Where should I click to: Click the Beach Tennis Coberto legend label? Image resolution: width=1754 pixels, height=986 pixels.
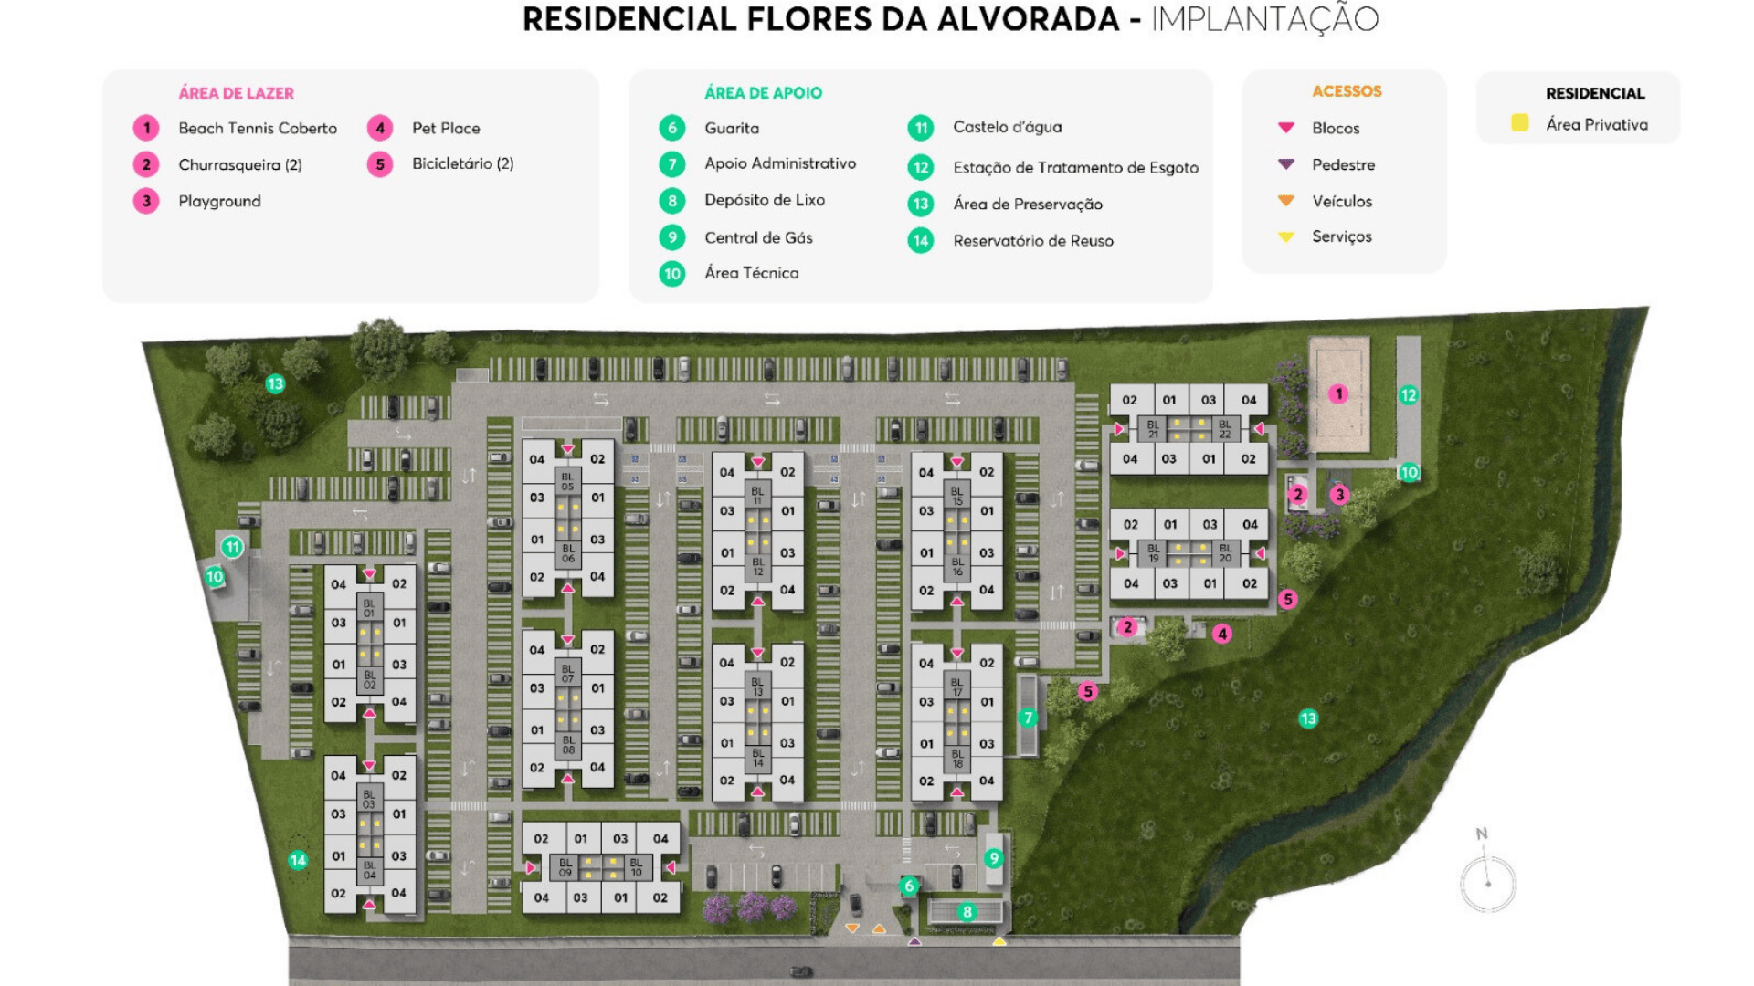click(258, 128)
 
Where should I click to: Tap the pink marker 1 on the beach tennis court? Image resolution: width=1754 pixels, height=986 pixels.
click(1338, 394)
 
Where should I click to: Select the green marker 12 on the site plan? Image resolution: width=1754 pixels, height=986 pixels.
click(1408, 395)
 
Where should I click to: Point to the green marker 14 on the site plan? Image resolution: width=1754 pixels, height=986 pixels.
click(298, 860)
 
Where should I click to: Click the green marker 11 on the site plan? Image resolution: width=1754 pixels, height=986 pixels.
click(232, 547)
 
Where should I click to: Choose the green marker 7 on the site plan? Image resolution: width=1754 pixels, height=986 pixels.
click(1028, 718)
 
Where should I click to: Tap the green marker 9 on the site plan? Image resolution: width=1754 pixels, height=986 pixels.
click(994, 858)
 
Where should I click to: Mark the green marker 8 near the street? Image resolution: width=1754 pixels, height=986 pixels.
click(967, 912)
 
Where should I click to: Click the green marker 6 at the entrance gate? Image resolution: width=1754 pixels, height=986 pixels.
click(909, 886)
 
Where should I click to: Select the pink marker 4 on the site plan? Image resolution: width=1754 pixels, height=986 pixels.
click(1222, 634)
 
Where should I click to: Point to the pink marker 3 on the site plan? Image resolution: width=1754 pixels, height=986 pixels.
click(1339, 495)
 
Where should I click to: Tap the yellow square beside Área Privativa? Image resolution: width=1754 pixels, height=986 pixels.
click(1519, 123)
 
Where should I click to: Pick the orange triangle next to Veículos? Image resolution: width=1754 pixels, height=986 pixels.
click(1286, 200)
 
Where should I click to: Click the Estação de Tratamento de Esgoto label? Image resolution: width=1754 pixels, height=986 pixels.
click(1075, 167)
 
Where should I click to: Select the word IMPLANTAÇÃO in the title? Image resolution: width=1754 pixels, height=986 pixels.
click(1264, 19)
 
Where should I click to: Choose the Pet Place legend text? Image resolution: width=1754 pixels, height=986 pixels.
click(446, 128)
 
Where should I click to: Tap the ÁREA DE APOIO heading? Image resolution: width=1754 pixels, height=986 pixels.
click(763, 92)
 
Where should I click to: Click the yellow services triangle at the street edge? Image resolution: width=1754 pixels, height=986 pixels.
click(999, 940)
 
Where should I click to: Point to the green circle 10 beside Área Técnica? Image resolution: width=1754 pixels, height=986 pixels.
click(672, 273)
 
